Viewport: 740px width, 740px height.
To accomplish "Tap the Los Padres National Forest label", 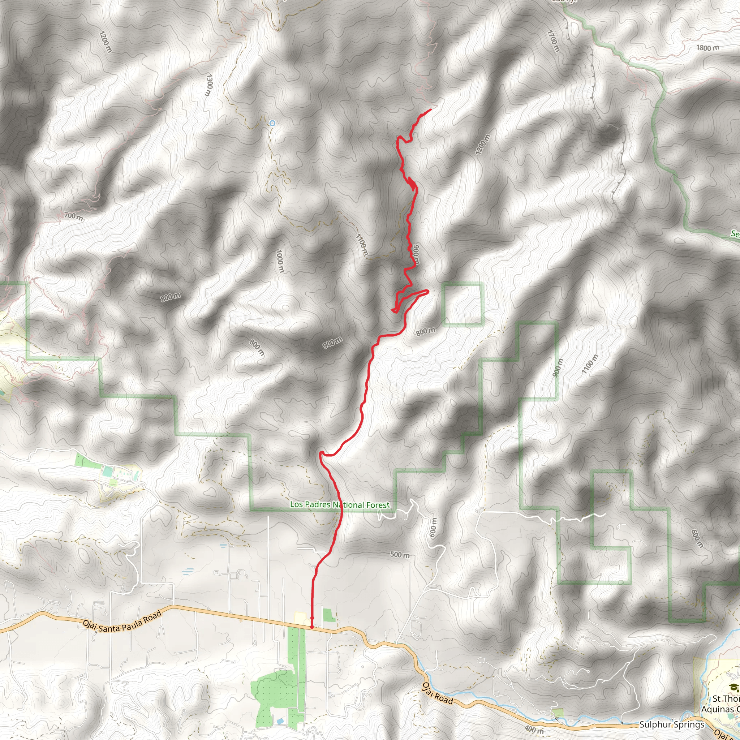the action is click(339, 505).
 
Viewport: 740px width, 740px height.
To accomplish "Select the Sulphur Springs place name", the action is click(671, 725).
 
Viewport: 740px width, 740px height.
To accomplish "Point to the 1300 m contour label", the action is click(209, 85).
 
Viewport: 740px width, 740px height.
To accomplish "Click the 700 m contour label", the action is click(73, 216).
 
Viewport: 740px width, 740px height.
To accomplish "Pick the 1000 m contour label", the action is click(280, 261).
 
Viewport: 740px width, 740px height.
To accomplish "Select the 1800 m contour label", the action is click(707, 48).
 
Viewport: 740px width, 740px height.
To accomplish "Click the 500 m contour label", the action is click(400, 555).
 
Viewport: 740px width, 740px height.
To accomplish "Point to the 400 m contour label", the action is click(534, 730).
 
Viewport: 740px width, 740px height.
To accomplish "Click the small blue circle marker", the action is click(272, 123).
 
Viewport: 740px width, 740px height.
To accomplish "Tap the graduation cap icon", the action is click(733, 687).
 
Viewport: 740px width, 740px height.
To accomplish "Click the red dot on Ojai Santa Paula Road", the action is click(311, 627).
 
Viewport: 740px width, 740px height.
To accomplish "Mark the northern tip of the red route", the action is click(430, 109).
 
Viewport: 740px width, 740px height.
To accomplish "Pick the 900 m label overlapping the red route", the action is click(416, 254).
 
